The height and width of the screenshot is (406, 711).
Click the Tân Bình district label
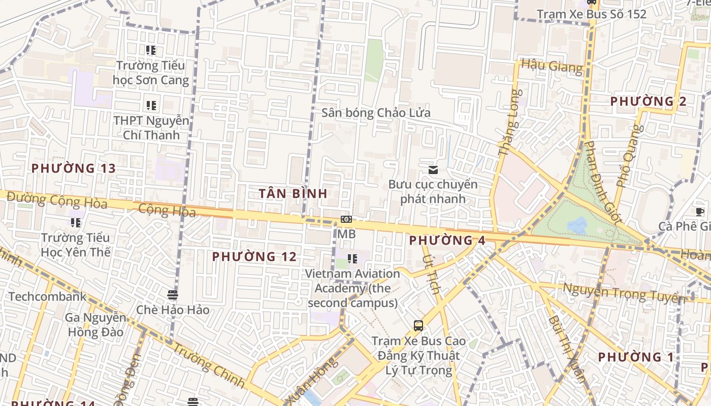293,193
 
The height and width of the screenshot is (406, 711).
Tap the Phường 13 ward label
74,168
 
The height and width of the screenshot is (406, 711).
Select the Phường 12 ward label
254,257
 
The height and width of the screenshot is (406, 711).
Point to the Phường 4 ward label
447,240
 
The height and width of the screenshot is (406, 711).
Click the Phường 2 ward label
648,101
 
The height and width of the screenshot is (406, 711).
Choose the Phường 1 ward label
636,357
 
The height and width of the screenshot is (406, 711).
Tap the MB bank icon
346,219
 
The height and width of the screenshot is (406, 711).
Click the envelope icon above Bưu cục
433,170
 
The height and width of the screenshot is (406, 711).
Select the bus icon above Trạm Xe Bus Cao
418,325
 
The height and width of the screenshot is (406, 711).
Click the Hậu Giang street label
552,66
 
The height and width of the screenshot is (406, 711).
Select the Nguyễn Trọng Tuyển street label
624,293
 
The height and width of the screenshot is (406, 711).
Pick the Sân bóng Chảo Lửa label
376,113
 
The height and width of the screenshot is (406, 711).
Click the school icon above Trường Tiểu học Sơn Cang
151,50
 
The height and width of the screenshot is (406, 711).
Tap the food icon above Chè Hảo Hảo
172,294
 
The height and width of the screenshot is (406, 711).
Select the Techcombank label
47,296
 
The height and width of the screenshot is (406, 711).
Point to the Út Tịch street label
431,275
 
